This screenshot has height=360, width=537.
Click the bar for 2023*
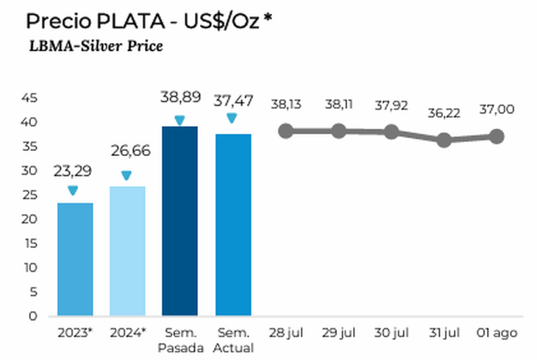[x=75, y=259]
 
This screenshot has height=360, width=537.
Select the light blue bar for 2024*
[x=127, y=251]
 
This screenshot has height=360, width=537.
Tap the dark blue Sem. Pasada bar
[x=179, y=221]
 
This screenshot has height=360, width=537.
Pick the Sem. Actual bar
[x=232, y=225]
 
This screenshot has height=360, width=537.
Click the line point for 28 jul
[x=285, y=131]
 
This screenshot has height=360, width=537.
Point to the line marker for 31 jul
[x=444, y=140]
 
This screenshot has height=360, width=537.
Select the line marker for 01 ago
[x=497, y=136]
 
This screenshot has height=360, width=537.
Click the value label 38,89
[x=179, y=98]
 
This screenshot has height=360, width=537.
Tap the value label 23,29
[x=72, y=172]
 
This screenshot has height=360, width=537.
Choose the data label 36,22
[x=444, y=114]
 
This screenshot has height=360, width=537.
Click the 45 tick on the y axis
[x=29, y=98]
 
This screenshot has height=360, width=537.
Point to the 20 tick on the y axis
[x=29, y=219]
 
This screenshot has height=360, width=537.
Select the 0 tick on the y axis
[x=32, y=317]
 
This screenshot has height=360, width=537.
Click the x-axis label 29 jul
[x=338, y=333]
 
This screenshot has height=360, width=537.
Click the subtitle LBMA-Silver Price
[x=96, y=46]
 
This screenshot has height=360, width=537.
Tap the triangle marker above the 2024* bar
[x=127, y=176]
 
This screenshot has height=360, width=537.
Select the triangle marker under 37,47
[x=232, y=118]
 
